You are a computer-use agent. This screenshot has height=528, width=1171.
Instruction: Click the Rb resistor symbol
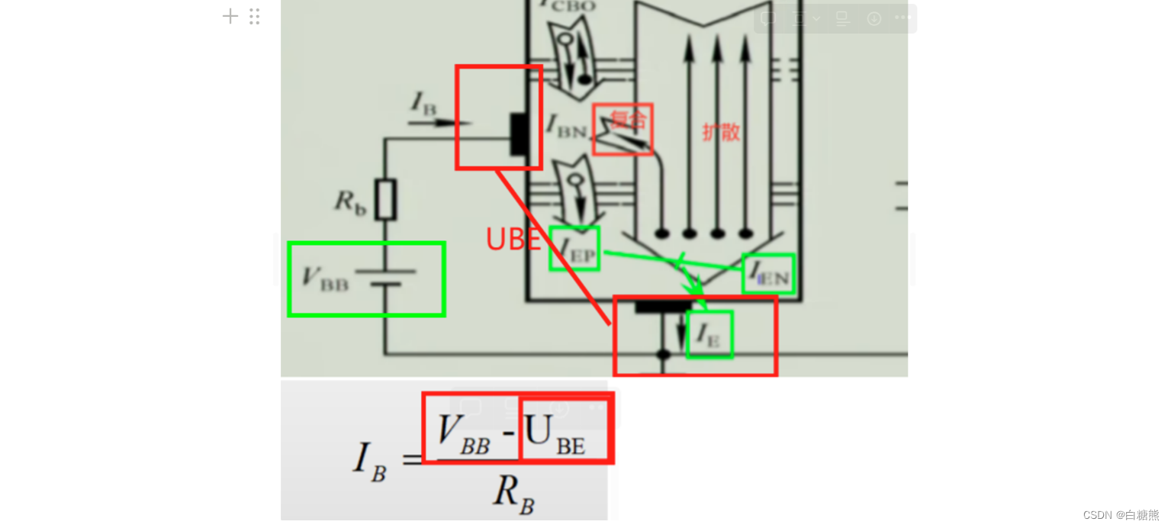click(387, 199)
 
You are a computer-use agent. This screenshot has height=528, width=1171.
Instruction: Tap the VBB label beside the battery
click(325, 278)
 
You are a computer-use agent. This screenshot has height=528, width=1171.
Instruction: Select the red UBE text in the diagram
click(513, 240)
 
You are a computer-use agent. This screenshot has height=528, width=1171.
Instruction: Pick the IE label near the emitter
click(709, 334)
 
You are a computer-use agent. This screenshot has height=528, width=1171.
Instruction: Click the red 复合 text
click(628, 119)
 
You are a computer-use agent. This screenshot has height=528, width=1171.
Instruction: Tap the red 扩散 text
click(721, 132)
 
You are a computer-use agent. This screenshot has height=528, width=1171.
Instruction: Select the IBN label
click(565, 126)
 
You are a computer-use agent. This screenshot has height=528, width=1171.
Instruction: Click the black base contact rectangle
click(519, 133)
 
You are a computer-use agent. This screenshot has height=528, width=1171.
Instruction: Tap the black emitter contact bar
click(664, 306)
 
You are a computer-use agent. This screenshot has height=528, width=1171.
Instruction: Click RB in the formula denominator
click(513, 493)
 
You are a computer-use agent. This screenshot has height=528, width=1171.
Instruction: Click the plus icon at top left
click(230, 16)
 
